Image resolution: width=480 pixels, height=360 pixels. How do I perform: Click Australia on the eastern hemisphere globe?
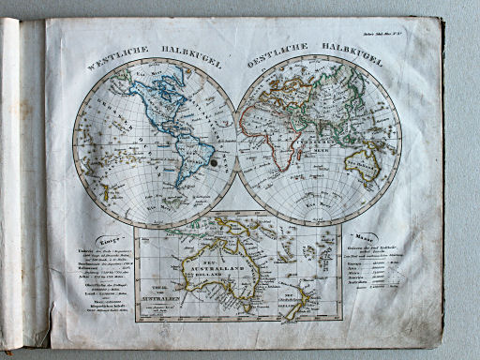[x=362, y=163]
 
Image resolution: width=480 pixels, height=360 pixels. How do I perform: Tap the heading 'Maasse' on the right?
[x=361, y=236]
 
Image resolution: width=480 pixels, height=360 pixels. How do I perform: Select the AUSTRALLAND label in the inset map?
[x=223, y=260]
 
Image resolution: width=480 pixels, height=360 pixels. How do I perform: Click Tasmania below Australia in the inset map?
[x=246, y=301]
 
